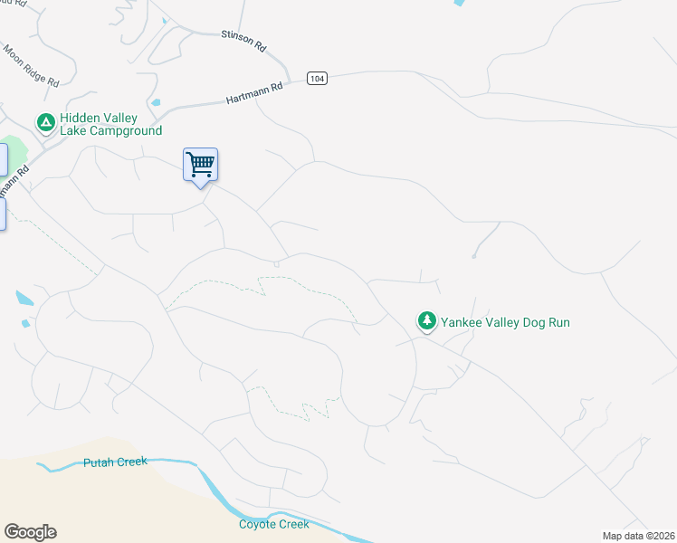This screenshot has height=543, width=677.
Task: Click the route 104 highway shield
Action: point(316,79)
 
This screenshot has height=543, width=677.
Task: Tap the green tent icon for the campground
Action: point(44,121)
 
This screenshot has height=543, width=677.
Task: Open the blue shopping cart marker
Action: point(200,165)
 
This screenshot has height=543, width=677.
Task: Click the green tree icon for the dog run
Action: point(426,320)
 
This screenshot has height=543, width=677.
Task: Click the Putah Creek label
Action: point(115,462)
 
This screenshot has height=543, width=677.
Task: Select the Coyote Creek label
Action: point(273,525)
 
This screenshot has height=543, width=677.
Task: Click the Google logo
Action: point(30,532)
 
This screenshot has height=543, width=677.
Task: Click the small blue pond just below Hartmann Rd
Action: point(157,102)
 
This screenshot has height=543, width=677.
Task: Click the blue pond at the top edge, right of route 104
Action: point(458,4)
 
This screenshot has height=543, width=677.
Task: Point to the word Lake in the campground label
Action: point(74,131)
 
